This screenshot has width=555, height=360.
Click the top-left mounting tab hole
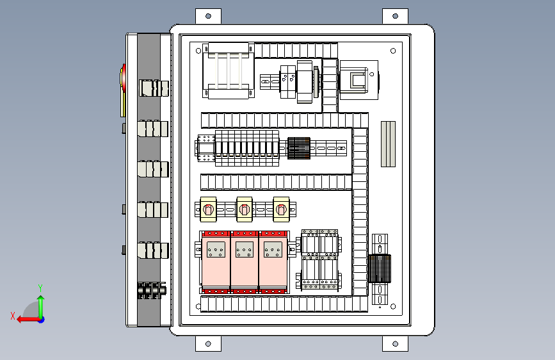point(208,16)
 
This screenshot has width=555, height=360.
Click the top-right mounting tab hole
point(396,16)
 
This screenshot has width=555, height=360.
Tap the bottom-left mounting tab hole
point(208,344)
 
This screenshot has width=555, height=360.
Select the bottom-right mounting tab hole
point(396,344)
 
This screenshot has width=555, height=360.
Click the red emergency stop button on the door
point(123,76)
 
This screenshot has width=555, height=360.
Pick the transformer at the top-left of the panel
point(229,71)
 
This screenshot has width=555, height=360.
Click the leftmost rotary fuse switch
point(208,209)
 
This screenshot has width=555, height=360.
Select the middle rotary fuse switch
point(245,209)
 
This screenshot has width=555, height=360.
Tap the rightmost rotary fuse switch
point(281,209)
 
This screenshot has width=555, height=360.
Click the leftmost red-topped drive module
point(216,262)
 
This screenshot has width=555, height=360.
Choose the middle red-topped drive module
point(245,262)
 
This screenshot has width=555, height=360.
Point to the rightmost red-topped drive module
point(273,262)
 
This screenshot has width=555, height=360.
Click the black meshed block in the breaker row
point(299,148)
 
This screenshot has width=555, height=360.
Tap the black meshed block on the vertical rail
point(380,268)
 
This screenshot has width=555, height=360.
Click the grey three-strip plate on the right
point(389,144)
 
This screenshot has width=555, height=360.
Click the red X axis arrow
point(29,320)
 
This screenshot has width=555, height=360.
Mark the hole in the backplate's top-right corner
point(393,51)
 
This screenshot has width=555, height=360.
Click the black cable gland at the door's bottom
point(152,290)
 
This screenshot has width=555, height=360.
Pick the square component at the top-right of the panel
point(359,80)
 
